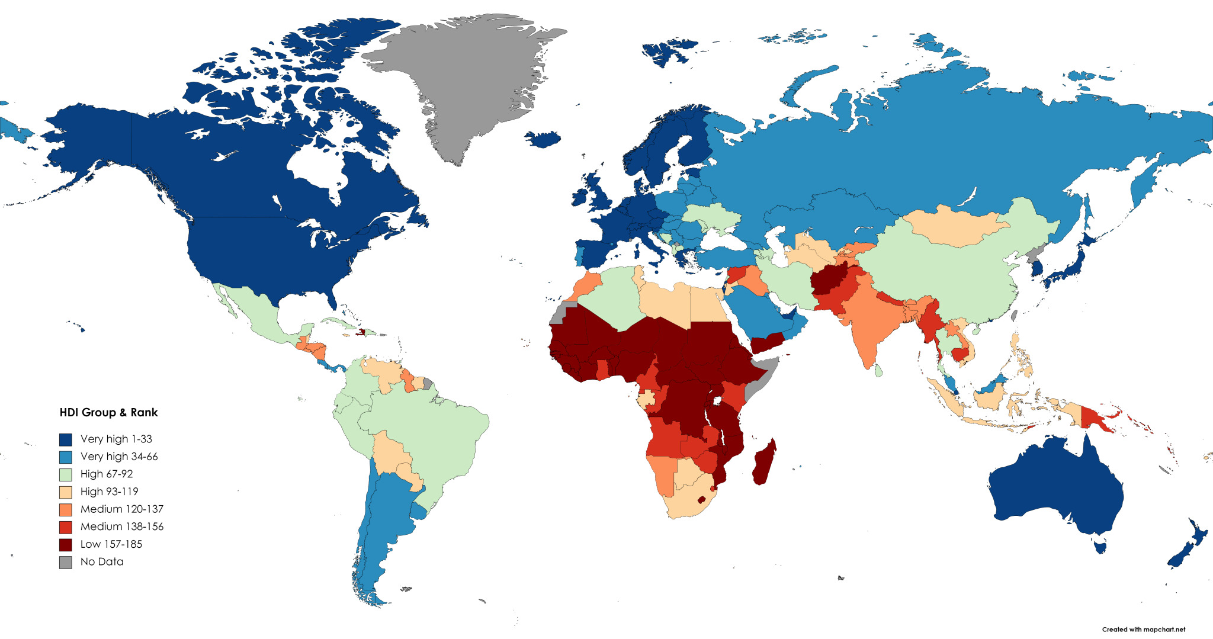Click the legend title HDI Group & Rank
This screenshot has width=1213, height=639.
(x=108, y=413)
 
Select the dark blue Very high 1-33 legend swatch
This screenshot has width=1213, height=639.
(x=66, y=439)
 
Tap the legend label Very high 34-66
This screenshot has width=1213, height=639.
(x=119, y=457)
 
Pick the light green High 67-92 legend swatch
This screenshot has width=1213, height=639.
(x=66, y=474)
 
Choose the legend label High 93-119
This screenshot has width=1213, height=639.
(x=109, y=492)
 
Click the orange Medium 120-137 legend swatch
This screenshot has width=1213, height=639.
(x=66, y=509)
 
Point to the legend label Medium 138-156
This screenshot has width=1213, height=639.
(x=121, y=526)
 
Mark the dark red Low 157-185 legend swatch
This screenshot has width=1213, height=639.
(x=66, y=544)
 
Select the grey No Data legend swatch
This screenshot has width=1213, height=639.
(x=66, y=562)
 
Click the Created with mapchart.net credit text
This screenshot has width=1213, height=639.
(x=1143, y=630)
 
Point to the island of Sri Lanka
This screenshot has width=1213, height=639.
(x=880, y=371)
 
